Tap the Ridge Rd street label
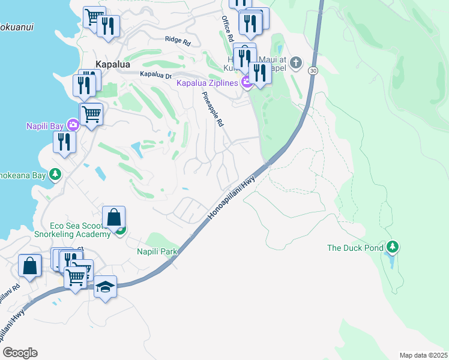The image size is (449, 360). [x=177, y=41]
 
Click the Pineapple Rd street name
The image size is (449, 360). [x=212, y=109]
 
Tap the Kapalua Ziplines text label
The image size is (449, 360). [x=207, y=83]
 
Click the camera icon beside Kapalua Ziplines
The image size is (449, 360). [x=246, y=83]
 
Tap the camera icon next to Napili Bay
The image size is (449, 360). [x=73, y=125]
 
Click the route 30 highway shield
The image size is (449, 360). [x=313, y=71]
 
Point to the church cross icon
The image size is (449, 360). [x=297, y=62]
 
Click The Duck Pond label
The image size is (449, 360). [x=354, y=247]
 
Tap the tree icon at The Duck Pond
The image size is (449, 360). [x=392, y=247]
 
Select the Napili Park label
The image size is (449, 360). [x=158, y=251]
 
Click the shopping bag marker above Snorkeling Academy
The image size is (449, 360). [x=113, y=217]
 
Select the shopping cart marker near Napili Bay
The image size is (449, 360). [x=91, y=113]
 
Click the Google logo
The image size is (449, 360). [x=19, y=353]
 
